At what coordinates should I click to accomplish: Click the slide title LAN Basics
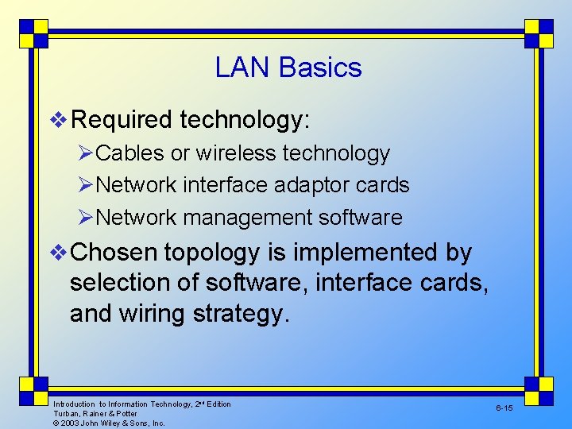(x=288, y=68)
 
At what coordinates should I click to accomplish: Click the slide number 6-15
(x=504, y=408)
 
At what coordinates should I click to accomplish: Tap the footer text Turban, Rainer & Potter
(x=95, y=414)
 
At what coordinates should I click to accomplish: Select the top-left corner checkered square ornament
(x=33, y=33)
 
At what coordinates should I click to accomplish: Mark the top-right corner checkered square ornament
(x=539, y=33)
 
